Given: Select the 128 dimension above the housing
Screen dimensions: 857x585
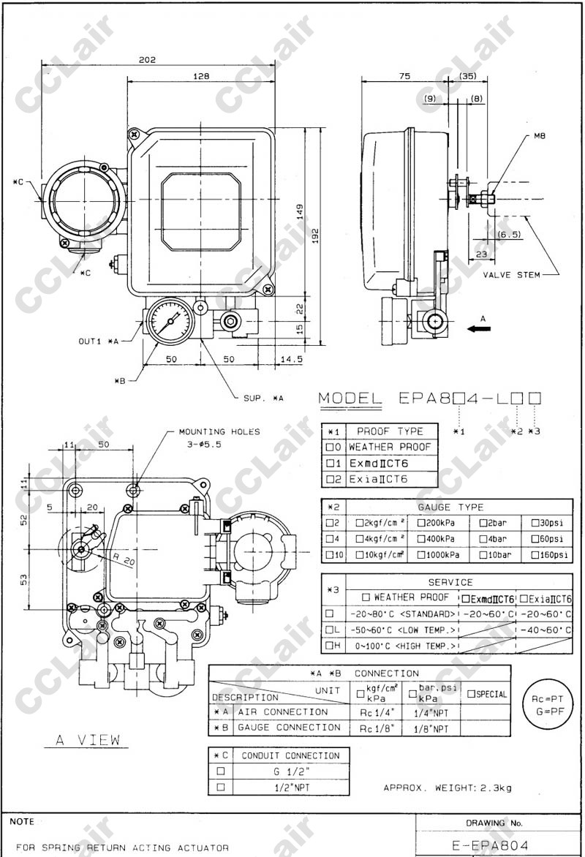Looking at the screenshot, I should tap(202, 76).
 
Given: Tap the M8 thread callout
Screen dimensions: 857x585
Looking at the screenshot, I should tap(540, 135).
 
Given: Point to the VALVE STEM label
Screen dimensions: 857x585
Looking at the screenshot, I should tap(511, 275).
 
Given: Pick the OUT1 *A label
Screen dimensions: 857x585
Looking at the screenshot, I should tap(99, 341).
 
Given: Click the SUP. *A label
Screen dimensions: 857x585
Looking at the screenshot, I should tap(263, 398).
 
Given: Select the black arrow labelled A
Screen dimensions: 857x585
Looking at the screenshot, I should tap(480, 329).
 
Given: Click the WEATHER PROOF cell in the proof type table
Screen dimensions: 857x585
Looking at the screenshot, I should tap(390, 447).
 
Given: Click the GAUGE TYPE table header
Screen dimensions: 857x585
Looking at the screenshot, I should tap(461, 507).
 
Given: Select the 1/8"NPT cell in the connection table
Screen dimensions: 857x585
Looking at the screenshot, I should tap(431, 728).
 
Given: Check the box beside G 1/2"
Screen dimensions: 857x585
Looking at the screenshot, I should tap(220, 771).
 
